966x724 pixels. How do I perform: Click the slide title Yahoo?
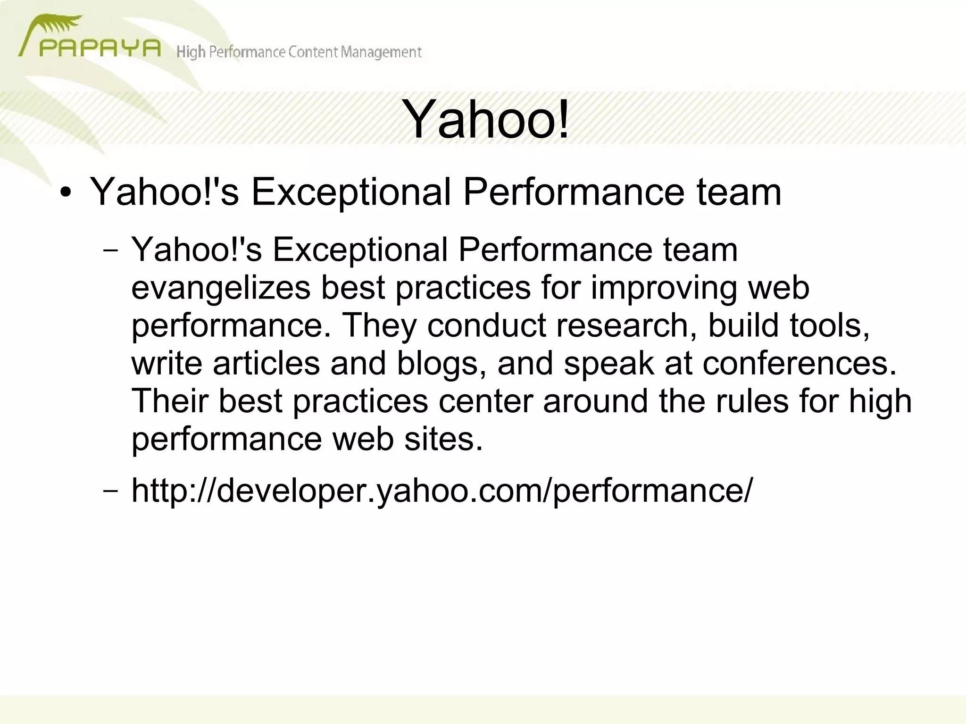(485, 120)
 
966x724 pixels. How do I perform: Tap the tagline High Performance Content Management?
(299, 52)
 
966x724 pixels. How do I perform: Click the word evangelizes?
(220, 288)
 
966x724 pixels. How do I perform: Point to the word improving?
(663, 288)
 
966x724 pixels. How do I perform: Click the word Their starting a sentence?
(170, 401)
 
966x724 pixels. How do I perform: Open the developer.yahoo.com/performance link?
(442, 491)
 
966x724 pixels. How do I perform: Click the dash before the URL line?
(110, 491)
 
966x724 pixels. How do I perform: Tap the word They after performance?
(379, 326)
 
